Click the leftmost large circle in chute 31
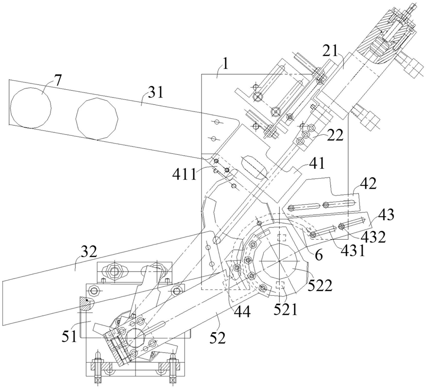[30, 108]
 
